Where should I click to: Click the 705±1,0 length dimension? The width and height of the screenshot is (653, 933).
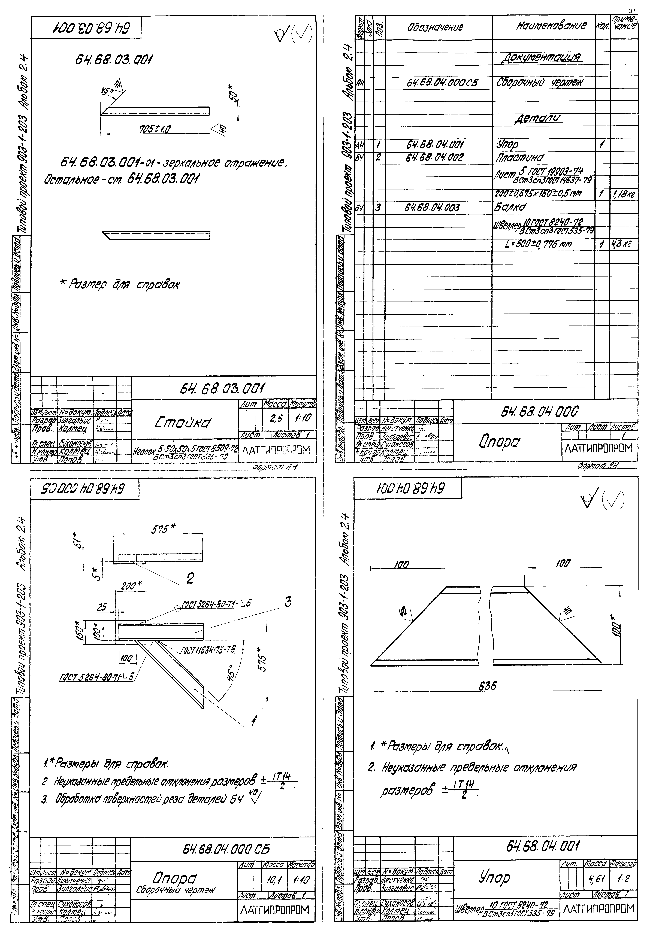tap(155, 129)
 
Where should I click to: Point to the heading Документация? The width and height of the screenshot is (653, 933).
tap(542, 58)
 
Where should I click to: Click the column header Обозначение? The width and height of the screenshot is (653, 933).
tap(435, 28)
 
